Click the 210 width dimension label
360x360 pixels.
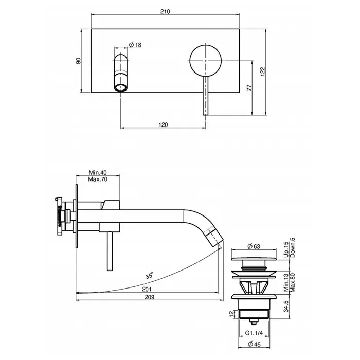coord(165,11)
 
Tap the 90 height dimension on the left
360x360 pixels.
coord(79,61)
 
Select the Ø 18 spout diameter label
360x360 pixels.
coord(135,45)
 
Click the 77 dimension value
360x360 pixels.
coord(249,88)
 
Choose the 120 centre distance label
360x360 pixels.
coord(163,124)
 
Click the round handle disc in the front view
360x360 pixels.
coord(206,61)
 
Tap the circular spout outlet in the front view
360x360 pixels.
coord(121,87)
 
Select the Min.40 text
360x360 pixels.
coord(98,172)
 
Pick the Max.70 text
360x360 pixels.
coord(98,179)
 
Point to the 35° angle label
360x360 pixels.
coord(149,275)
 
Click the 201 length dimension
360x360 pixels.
coord(147,289)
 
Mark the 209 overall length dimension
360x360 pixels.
coord(150,297)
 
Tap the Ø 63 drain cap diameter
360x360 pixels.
coord(254,246)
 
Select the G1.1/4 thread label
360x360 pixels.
coord(254,333)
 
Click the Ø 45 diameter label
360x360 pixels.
coord(255,344)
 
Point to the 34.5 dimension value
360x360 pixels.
coord(286,307)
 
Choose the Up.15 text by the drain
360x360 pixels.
coord(286,249)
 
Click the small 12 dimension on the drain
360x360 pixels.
coord(231,314)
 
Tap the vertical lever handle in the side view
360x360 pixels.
coord(110,251)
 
